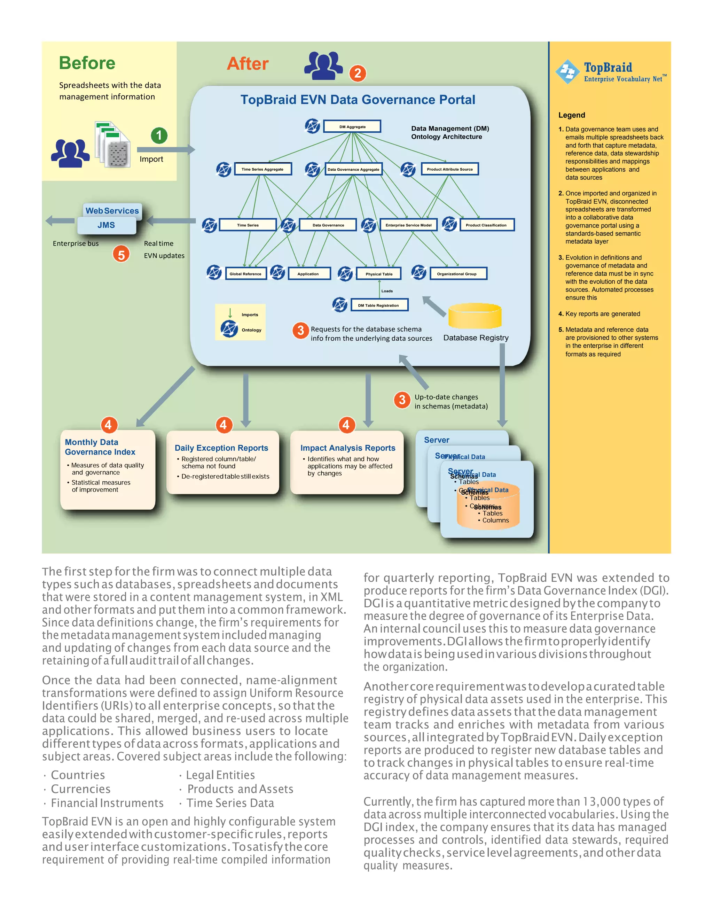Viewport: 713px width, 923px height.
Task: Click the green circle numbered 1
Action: [x=159, y=135]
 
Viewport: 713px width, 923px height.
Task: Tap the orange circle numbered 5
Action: [x=121, y=254]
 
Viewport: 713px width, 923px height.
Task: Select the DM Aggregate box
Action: [x=352, y=126]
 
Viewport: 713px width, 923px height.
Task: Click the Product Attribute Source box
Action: [x=449, y=169]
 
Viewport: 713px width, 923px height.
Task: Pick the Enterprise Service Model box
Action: [x=408, y=225]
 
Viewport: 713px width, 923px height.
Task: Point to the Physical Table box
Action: [x=379, y=274]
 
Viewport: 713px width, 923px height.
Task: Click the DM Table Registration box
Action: [x=379, y=305]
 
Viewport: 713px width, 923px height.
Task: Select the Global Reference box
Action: [x=245, y=274]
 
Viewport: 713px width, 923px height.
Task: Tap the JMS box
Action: [x=107, y=225]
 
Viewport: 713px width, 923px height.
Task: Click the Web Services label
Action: [x=112, y=210]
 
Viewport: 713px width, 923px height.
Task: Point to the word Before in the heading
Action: [x=87, y=63]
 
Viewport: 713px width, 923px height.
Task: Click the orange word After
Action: [x=248, y=64]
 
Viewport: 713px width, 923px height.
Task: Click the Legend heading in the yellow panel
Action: [x=572, y=115]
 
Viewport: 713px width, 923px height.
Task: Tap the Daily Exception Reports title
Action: [x=221, y=448]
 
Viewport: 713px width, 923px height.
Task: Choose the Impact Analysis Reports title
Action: [x=348, y=448]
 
